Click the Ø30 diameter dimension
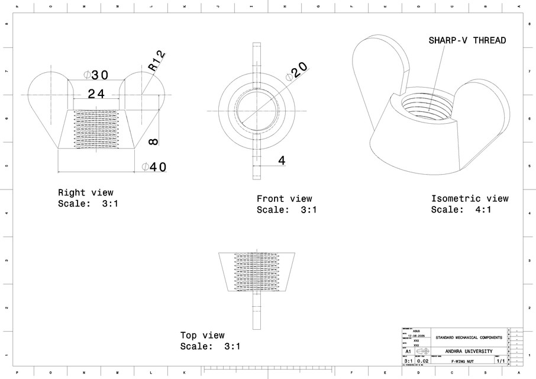(96, 75)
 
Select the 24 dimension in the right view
(97, 94)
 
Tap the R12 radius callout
(157, 62)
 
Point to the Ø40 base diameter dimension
(154, 167)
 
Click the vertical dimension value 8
(153, 141)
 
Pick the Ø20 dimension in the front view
(296, 71)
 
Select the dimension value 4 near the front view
(282, 160)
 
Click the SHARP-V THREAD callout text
(467, 40)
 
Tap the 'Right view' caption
(85, 192)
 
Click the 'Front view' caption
(284, 199)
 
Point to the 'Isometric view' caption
(469, 199)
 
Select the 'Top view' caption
(202, 335)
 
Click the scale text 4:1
(482, 210)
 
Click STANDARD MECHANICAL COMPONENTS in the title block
(469, 338)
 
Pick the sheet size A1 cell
(408, 351)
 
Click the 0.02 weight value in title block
(422, 361)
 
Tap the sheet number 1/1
(500, 361)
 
